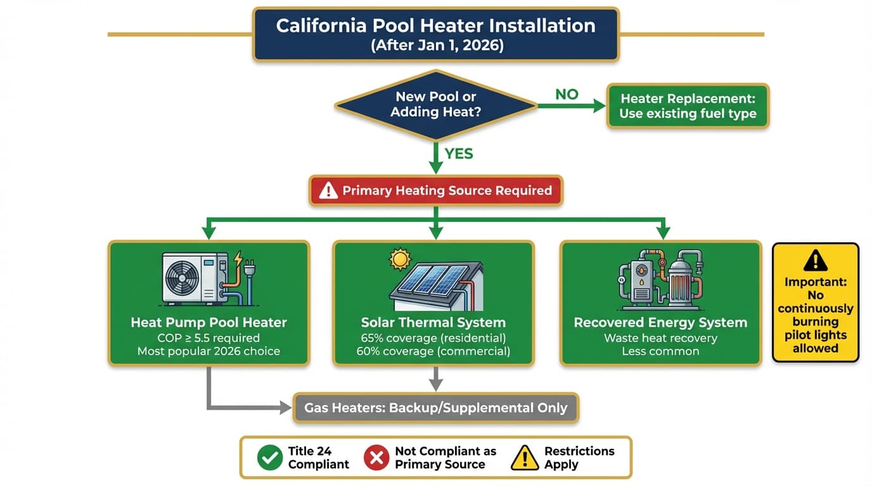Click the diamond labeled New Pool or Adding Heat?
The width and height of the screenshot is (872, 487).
pos(435,105)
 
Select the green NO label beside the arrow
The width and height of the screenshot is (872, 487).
pos(567,94)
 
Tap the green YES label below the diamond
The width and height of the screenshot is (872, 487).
pos(459,154)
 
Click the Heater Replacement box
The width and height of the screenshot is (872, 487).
pos(688,106)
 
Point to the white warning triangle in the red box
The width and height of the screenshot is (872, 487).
pos(328,190)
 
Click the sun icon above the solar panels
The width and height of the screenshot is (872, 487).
pos(401,259)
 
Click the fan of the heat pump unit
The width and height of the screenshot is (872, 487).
pos(184,278)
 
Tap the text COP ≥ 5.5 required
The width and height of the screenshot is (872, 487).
pos(208,338)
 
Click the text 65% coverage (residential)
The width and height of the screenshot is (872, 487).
pos(433,338)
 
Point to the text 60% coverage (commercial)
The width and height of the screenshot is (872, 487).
pos(433,351)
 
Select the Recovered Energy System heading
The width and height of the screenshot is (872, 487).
pos(660,322)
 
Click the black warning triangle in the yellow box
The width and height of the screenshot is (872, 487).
pos(815,261)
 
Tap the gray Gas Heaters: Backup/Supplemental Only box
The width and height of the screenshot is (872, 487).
pos(436,408)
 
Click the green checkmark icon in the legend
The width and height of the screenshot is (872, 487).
pos(270,457)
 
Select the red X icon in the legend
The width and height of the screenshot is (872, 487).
pos(376,457)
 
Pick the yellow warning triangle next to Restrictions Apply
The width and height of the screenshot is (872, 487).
pos(524,457)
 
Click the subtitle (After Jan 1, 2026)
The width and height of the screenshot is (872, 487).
pos(435,46)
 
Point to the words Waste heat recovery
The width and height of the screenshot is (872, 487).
pos(660,338)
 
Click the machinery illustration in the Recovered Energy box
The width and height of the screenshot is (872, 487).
pos(660,279)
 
